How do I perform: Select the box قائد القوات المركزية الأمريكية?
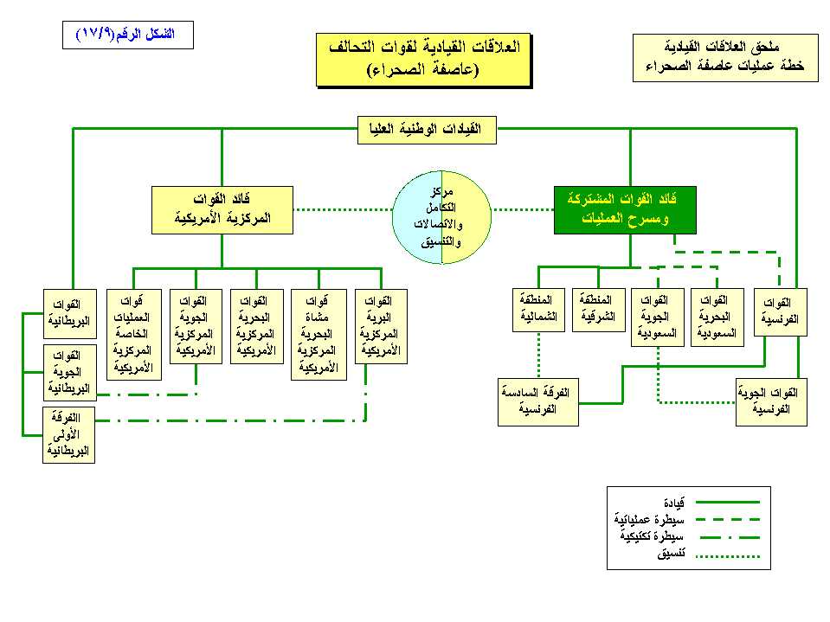(222, 210)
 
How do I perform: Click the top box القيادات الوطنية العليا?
(427, 130)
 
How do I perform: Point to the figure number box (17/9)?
(128, 35)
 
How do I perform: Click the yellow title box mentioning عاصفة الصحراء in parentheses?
(423, 60)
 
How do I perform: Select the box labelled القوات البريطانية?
(68, 313)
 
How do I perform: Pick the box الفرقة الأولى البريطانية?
(68, 435)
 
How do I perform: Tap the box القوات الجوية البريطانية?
(68, 372)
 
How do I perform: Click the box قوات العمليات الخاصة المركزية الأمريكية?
(132, 333)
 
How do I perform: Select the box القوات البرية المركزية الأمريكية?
(381, 326)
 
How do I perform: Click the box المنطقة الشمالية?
(537, 310)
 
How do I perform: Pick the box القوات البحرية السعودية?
(717, 317)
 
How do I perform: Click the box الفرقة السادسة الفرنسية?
(538, 401)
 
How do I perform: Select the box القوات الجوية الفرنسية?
(771, 401)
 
